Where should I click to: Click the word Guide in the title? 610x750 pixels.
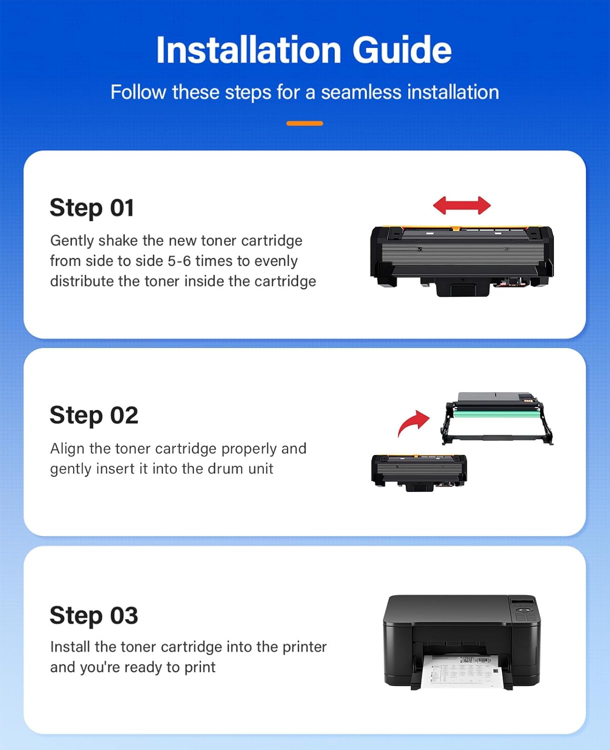pyautogui.click(x=401, y=50)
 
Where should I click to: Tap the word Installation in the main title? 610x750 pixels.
pyautogui.click(x=248, y=50)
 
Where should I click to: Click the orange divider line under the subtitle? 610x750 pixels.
pyautogui.click(x=304, y=123)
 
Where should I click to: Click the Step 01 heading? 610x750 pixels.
pyautogui.click(x=92, y=208)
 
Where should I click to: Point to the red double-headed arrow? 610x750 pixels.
pyautogui.click(x=461, y=205)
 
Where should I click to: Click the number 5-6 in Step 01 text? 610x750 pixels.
pyautogui.click(x=179, y=261)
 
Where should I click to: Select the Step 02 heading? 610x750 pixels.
pyautogui.click(x=94, y=415)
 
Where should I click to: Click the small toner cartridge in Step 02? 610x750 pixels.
pyautogui.click(x=419, y=472)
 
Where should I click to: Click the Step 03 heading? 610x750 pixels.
pyautogui.click(x=94, y=615)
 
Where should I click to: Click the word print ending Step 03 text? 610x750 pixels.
pyautogui.click(x=200, y=667)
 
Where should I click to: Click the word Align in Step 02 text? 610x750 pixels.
pyautogui.click(x=67, y=448)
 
